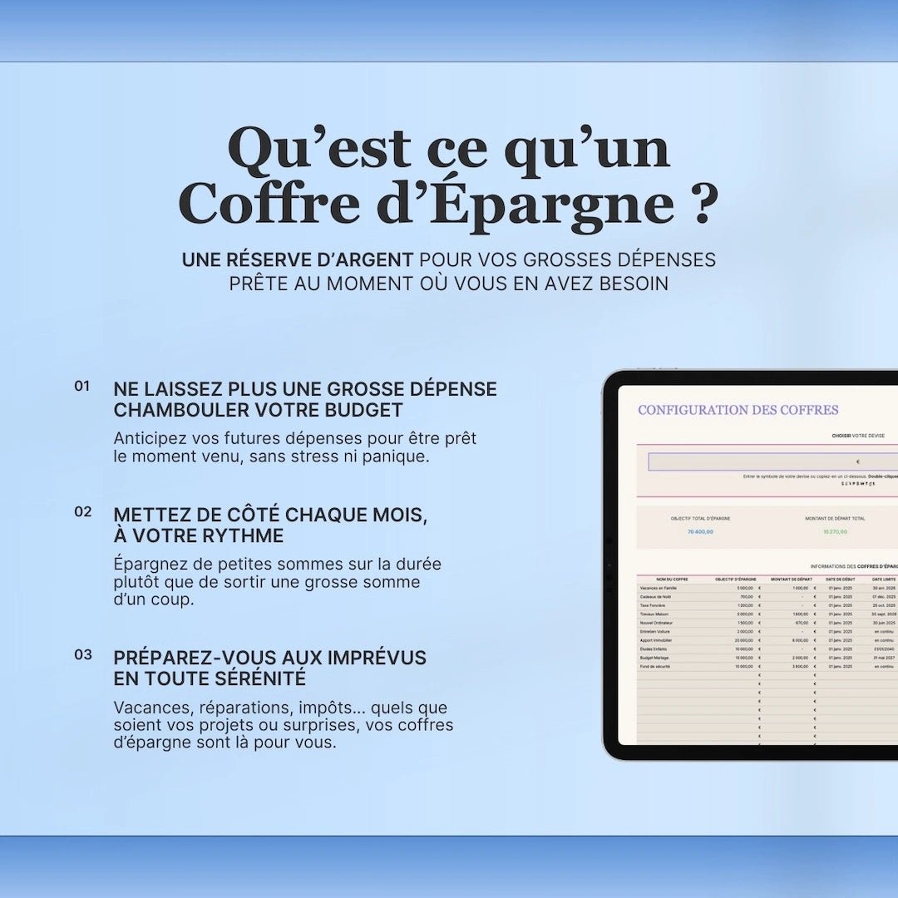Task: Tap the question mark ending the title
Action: (x=703, y=204)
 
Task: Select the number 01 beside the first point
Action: (x=81, y=386)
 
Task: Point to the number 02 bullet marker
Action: (x=82, y=511)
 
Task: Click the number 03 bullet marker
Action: (x=82, y=654)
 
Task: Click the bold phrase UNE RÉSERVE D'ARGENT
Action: (x=297, y=259)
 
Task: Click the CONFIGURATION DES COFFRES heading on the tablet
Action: (x=738, y=410)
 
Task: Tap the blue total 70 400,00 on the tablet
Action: (x=700, y=531)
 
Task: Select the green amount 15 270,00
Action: (x=835, y=531)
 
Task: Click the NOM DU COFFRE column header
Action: (x=672, y=579)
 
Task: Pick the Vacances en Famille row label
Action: (x=660, y=588)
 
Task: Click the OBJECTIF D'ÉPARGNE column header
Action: (x=735, y=579)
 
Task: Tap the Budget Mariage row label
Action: (x=655, y=658)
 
